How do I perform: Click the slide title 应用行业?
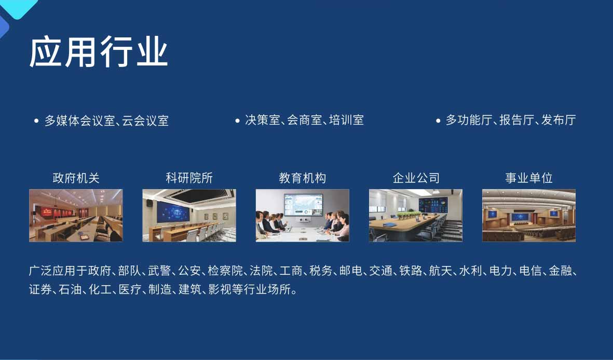coord(99,51)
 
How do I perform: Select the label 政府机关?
coord(76,178)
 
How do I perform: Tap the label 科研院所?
coord(189,178)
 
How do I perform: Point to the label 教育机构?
coord(302,178)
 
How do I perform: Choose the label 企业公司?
coord(416,178)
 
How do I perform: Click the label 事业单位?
coord(528,178)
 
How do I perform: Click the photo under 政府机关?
coord(76,215)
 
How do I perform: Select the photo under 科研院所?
coord(189,215)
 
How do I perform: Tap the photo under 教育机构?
coord(302,215)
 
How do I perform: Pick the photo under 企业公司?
coord(416,215)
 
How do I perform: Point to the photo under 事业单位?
coord(528,215)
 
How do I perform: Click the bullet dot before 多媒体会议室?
coord(36,121)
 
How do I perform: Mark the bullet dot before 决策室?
coord(237,121)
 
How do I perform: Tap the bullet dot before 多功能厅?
coord(438,121)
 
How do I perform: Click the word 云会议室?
coord(145,121)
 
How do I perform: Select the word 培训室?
coord(346,120)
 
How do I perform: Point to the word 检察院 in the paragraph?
coord(225,271)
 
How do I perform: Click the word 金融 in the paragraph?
coord(560,271)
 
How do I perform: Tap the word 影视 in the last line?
coord(220,289)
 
